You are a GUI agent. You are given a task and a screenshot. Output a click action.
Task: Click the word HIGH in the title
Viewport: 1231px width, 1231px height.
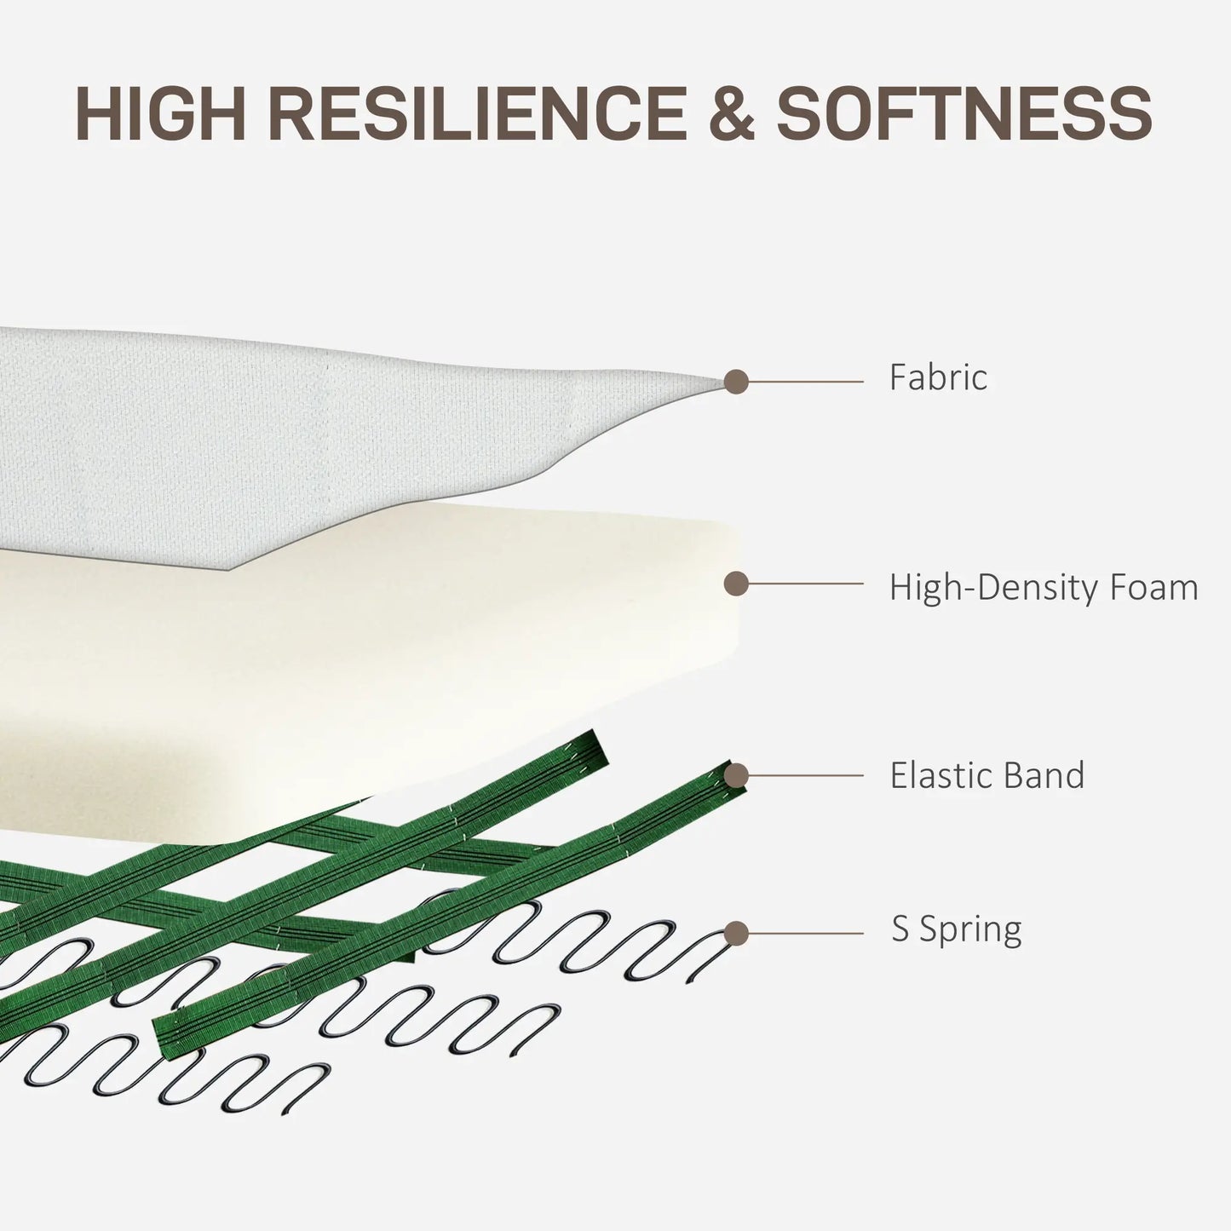click(x=160, y=113)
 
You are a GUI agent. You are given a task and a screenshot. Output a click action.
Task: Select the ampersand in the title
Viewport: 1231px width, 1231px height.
click(x=732, y=113)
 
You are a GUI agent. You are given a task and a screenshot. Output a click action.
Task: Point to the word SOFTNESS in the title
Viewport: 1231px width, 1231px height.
click(x=964, y=113)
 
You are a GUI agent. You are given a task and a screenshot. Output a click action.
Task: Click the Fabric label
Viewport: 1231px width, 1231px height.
click(x=938, y=377)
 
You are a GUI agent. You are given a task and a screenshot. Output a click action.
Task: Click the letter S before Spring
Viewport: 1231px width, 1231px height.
click(x=900, y=929)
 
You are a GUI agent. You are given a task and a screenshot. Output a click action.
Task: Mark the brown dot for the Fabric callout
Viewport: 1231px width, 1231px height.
click(x=736, y=382)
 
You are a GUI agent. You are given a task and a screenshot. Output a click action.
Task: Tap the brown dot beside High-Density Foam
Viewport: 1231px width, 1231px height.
click(x=736, y=584)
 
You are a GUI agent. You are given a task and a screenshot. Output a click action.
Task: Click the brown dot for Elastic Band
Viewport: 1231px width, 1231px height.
click(x=736, y=775)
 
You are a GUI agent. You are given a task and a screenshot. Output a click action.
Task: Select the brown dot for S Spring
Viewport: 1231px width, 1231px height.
click(x=736, y=934)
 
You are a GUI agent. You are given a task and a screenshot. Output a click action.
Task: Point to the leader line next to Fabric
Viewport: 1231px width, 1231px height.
click(x=806, y=382)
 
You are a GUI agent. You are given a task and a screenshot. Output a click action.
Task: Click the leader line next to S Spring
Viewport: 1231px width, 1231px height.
click(x=806, y=934)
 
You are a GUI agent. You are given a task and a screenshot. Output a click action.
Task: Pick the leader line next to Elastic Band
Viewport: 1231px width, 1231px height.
click(x=806, y=775)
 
